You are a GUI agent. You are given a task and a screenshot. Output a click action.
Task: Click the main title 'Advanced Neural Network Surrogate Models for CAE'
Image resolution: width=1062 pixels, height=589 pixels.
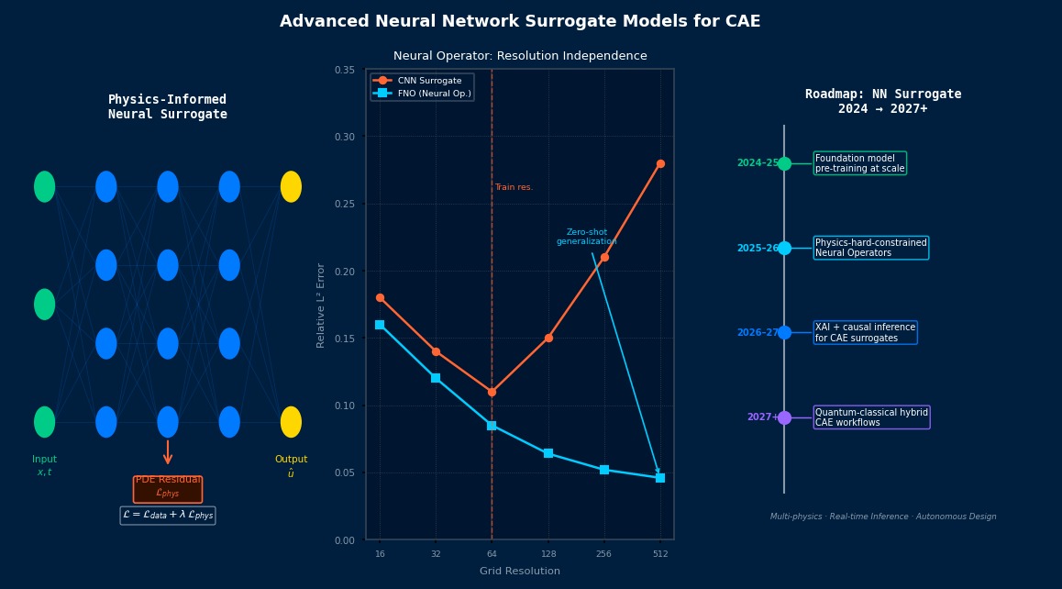pos(520,21)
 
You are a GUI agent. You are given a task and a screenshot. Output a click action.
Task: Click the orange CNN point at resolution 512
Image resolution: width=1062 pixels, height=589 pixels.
pos(660,164)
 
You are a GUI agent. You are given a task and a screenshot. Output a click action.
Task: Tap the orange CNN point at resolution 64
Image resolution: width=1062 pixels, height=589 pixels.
pos(492,392)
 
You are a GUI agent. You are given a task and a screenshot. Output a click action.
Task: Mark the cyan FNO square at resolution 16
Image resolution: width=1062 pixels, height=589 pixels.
pos(380,325)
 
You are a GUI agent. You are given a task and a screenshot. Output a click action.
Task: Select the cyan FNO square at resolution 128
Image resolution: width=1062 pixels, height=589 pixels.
pos(548,453)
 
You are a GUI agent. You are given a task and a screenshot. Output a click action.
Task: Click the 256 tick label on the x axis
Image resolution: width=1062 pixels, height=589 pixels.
pos(603,554)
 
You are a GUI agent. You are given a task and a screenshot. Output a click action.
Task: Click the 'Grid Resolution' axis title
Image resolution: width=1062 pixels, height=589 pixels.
pos(519,572)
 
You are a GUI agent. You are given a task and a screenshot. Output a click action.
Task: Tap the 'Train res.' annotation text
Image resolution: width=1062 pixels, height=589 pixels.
pos(514,187)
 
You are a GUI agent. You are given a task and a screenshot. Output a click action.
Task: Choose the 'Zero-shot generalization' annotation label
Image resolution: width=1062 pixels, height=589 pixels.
pos(586,237)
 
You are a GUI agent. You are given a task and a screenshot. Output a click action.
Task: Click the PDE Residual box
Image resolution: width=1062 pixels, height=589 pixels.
pos(168,489)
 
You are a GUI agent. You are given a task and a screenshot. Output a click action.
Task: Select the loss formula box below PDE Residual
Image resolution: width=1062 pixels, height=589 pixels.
pos(168,516)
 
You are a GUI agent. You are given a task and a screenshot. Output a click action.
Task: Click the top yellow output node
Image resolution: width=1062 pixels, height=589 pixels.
pos(291,187)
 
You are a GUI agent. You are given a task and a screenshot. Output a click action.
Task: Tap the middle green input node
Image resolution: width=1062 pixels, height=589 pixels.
pos(45,305)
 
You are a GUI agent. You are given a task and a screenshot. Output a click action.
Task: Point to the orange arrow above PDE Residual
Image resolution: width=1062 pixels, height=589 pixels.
pos(168,451)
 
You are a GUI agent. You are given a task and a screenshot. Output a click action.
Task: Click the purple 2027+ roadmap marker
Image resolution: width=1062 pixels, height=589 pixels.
pos(784,417)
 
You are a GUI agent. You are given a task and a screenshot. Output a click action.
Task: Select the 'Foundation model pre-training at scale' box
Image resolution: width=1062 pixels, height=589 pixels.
pos(859,163)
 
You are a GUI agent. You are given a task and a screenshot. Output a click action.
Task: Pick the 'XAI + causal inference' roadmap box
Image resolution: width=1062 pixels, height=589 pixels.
pos(865,333)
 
